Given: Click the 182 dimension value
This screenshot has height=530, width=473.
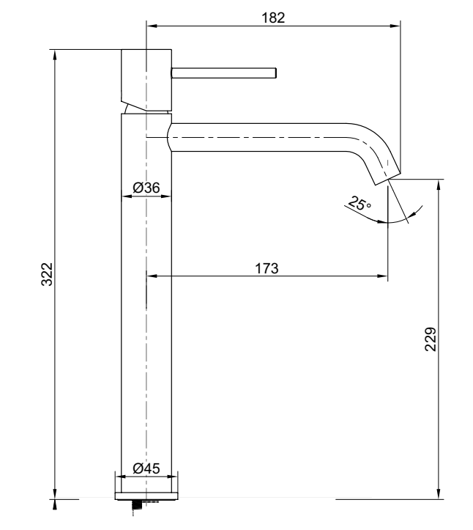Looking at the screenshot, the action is coord(273,18).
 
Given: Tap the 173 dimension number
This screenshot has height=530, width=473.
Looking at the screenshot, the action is coord(267,268).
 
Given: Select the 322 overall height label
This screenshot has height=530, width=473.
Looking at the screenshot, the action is coord(47,274).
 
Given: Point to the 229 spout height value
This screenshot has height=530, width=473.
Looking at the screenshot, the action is coord(430,339).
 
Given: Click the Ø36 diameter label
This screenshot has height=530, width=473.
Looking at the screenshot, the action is coord(146,188).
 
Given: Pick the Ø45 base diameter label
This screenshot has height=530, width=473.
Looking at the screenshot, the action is coord(146,468).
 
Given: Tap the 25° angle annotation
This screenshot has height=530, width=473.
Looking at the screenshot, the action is coord(360,204).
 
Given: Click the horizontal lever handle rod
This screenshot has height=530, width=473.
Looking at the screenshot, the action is coord(224,73).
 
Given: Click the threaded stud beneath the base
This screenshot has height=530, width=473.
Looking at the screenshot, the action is coord(136,507).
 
